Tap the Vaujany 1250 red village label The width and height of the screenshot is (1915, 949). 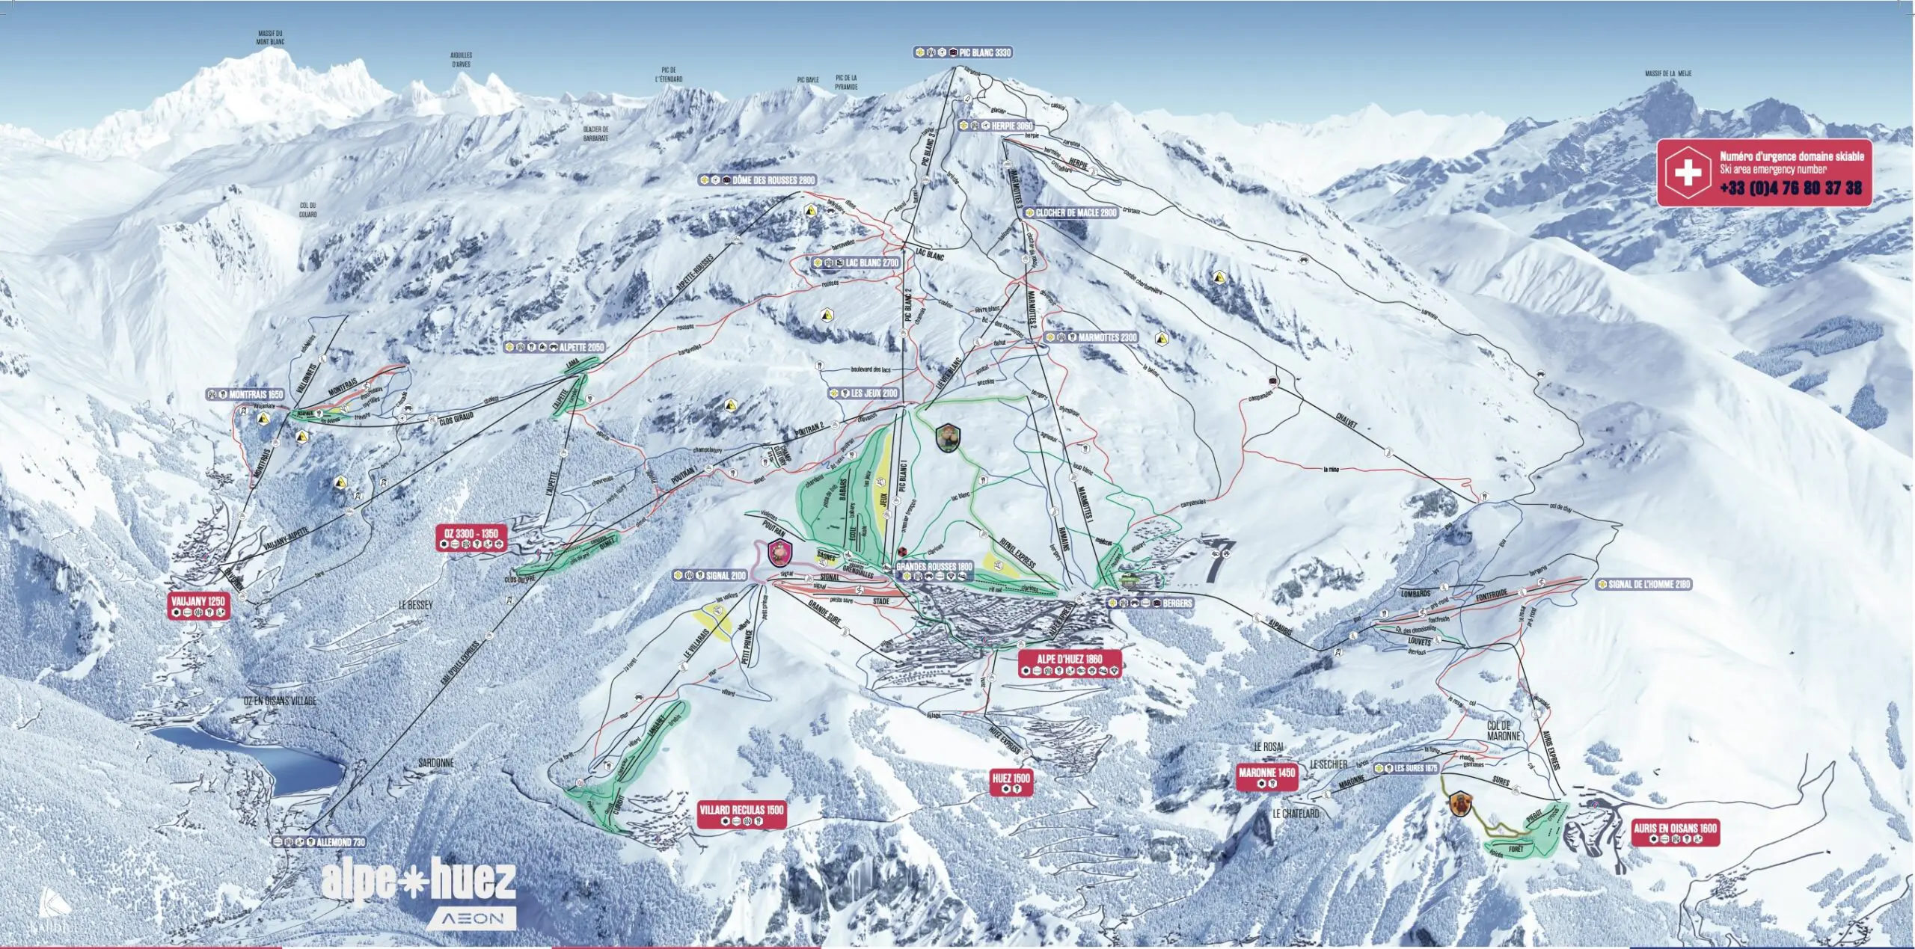[x=198, y=601]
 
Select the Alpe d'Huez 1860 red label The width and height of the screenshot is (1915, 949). [x=1069, y=659]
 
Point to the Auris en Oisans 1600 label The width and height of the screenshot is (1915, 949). [x=1675, y=828]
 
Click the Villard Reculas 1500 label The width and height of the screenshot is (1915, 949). [x=741, y=810]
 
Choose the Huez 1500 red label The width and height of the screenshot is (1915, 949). [x=1011, y=778]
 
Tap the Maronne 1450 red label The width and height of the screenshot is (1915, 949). [x=1266, y=773]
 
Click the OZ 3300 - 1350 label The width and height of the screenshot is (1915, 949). [x=471, y=533]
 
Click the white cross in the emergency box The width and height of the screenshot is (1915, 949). [x=1688, y=173]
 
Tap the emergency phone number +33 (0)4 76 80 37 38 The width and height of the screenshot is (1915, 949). [x=1791, y=188]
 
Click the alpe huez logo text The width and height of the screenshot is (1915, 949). [x=418, y=880]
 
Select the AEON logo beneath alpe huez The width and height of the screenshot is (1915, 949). [x=472, y=918]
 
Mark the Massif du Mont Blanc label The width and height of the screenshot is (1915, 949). [x=271, y=37]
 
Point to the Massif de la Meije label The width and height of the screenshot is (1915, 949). [x=1667, y=74]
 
